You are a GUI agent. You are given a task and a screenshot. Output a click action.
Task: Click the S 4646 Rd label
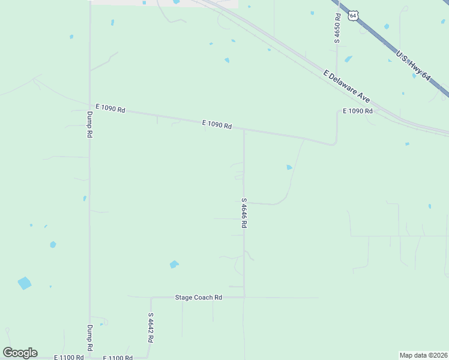(x=244, y=213)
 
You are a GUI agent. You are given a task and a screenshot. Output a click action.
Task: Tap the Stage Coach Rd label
(x=199, y=297)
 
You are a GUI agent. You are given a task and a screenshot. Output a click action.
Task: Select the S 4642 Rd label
(x=151, y=327)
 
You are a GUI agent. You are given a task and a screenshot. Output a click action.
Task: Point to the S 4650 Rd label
(x=337, y=28)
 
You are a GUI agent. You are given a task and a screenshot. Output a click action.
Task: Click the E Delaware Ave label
(x=346, y=85)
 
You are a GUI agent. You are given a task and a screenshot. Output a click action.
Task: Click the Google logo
(x=20, y=352)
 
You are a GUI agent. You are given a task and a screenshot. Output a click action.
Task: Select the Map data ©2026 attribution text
(x=423, y=355)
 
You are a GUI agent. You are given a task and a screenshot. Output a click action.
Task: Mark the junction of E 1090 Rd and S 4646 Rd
(x=244, y=130)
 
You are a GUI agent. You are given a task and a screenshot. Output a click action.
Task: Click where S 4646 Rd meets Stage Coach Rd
(x=244, y=297)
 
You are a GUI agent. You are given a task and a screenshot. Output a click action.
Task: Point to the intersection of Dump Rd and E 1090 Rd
(x=90, y=109)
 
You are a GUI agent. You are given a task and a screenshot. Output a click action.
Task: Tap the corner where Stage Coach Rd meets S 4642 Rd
(x=151, y=297)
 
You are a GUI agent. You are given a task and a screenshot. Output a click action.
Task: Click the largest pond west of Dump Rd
(x=25, y=283)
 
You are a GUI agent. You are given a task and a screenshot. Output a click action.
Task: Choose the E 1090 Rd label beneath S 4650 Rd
(x=358, y=111)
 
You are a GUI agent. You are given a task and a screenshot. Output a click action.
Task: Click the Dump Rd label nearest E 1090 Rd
(x=89, y=125)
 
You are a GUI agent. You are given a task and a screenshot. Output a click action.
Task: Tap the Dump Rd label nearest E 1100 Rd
(x=89, y=338)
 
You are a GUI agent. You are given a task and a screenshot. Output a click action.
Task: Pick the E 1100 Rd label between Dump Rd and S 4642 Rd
(x=118, y=358)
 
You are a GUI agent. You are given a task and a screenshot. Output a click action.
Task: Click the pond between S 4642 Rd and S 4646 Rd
(x=174, y=264)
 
